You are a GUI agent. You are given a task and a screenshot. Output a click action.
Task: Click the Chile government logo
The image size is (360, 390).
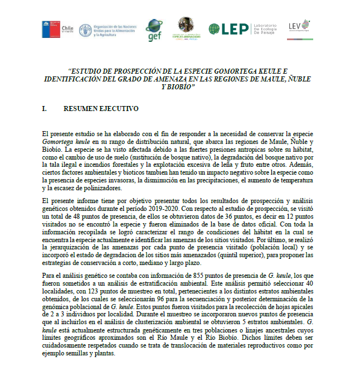point(57,28)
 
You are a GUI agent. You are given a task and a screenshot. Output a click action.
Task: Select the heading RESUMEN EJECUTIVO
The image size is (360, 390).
point(101,109)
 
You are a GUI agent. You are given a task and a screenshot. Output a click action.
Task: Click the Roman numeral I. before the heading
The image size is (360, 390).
point(45,109)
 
